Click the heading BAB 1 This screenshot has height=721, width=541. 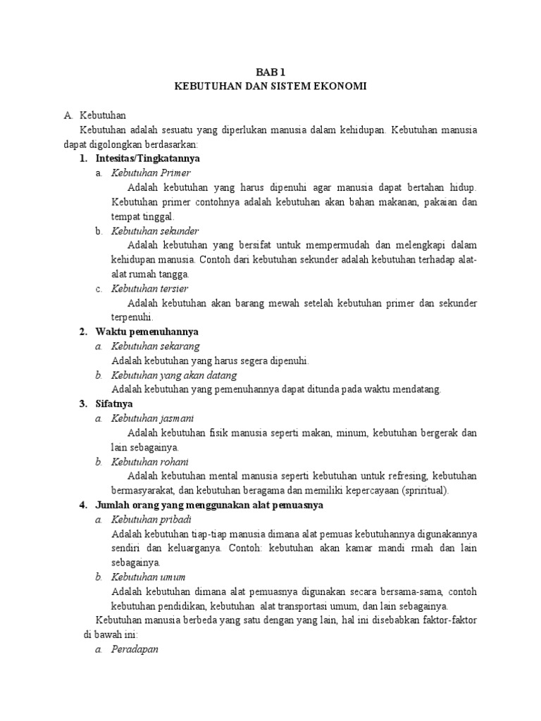coord(270,71)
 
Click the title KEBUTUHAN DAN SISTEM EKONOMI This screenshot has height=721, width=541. coord(270,85)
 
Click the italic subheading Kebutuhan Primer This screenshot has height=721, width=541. coord(151,173)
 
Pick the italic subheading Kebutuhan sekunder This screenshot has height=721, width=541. coord(155,231)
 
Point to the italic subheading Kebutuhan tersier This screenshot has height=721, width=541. coord(149,289)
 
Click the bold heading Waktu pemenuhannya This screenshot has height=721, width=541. coord(147,332)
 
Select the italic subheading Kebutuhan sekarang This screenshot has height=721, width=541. coord(155,346)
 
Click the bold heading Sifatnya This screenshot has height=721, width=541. coord(115,404)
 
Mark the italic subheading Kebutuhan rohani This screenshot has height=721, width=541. coord(149,462)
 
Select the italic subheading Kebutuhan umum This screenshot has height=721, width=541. coord(147,577)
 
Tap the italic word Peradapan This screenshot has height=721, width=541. coord(135,649)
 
